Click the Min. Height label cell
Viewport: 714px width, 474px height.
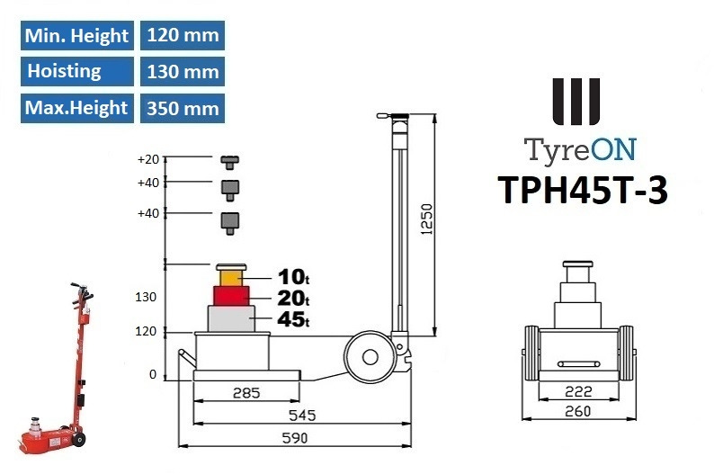click(76, 36)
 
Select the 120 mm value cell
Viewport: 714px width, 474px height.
click(182, 36)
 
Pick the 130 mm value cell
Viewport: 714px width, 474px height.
click(182, 71)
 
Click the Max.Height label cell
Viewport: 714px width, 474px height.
click(76, 108)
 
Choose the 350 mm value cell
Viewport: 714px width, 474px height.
click(182, 108)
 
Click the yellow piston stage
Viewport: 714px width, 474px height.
click(232, 275)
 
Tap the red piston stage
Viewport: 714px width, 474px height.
click(232, 295)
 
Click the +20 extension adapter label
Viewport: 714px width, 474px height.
click(148, 160)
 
